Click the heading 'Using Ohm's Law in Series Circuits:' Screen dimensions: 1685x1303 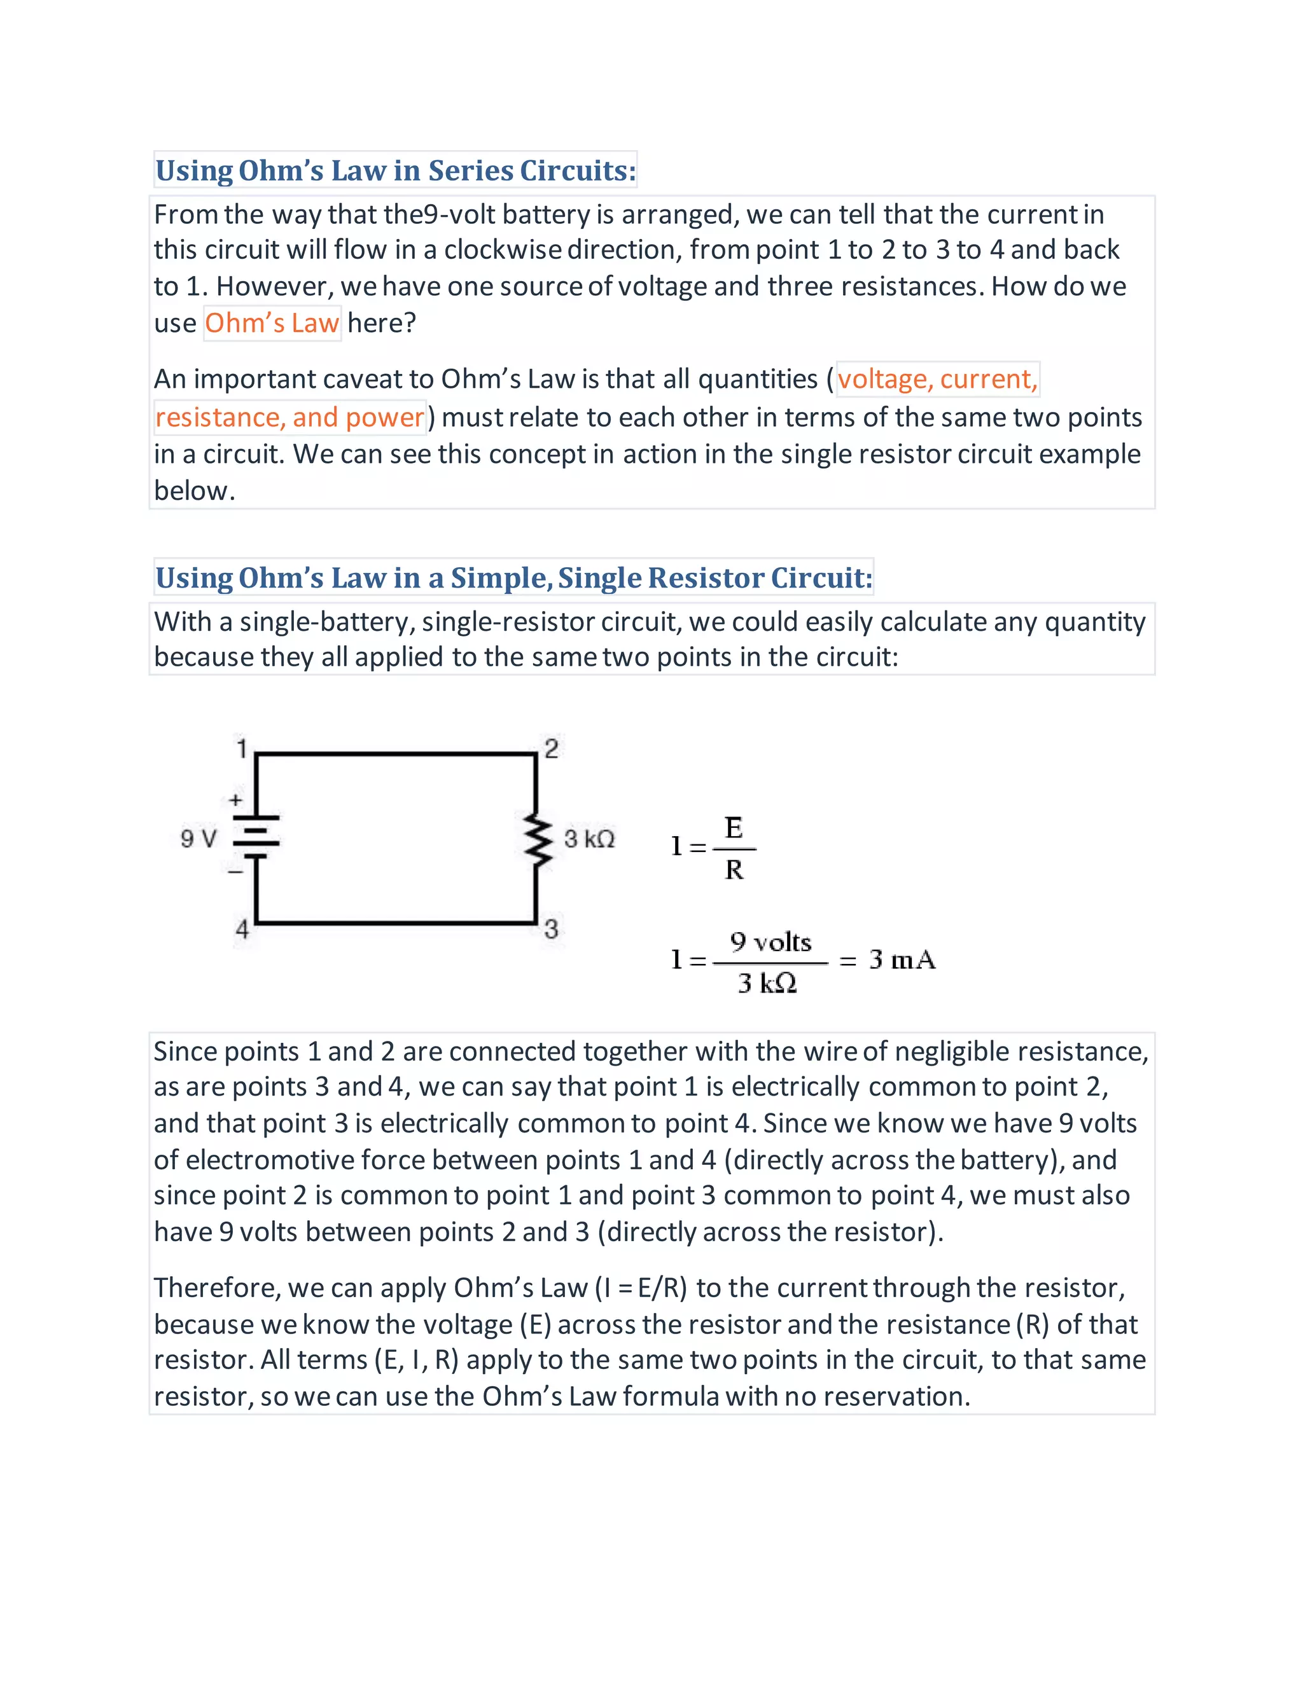(395, 170)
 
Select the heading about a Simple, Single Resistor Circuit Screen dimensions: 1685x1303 (513, 578)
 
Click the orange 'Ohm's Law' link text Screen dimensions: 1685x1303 (272, 323)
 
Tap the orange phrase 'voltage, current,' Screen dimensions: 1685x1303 (937, 379)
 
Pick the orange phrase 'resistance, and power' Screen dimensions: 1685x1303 (289, 417)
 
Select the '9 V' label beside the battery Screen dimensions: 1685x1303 (199, 839)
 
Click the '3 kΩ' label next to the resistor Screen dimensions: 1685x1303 (589, 839)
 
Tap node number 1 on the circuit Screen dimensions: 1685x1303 (242, 748)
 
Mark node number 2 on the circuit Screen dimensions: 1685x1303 (551, 748)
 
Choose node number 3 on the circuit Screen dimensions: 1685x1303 (551, 928)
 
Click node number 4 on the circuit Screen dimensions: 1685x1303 (242, 929)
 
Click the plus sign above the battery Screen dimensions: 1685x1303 (235, 800)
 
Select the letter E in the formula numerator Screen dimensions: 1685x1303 (734, 828)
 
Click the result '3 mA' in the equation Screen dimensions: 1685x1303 (902, 959)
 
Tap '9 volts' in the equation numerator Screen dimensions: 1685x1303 (770, 942)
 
